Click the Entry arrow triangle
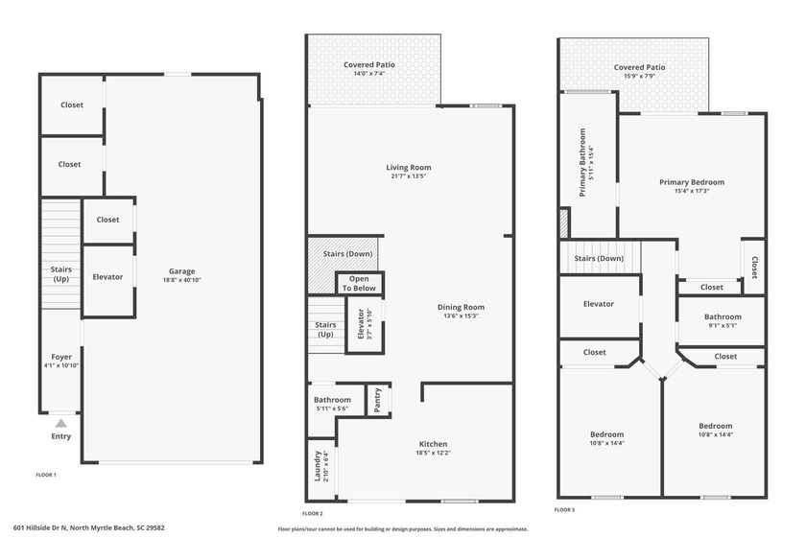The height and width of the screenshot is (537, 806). (60, 422)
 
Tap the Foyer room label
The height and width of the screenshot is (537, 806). (60, 357)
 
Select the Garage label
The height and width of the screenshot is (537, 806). (181, 270)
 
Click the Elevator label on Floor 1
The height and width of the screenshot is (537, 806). (107, 277)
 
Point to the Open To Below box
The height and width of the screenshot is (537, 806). (359, 284)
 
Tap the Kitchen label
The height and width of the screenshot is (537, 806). (433, 444)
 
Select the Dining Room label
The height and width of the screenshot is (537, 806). (461, 308)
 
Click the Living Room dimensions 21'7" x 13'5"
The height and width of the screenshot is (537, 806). (408, 176)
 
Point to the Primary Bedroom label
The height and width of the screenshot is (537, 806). (691, 182)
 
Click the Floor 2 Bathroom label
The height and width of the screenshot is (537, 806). (332, 400)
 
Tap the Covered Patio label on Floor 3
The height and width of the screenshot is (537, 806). (639, 67)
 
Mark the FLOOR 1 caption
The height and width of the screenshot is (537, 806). (46, 476)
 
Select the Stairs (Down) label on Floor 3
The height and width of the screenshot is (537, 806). (599, 259)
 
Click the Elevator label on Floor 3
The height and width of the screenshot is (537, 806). (598, 304)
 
